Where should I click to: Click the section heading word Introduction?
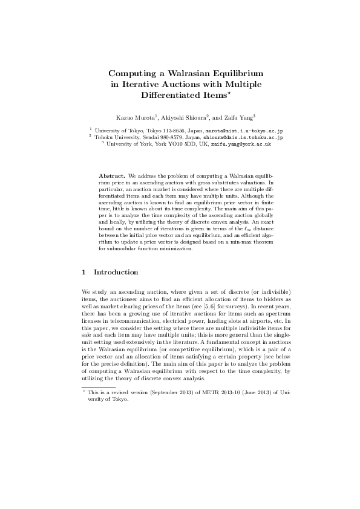[117, 272]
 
